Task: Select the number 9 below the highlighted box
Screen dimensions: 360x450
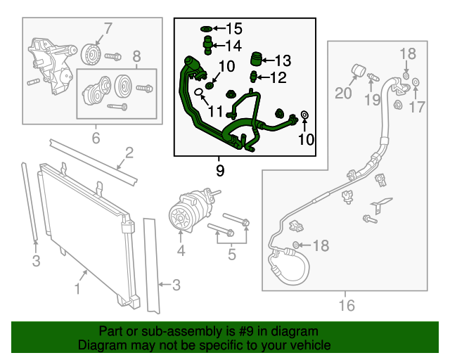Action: (x=220, y=169)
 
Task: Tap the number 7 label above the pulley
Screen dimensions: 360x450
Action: (x=108, y=29)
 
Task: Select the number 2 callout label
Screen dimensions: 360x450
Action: (x=129, y=153)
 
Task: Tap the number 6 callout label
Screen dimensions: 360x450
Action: (x=96, y=138)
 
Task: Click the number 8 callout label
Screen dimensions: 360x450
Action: (x=137, y=56)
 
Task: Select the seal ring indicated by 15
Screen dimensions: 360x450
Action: (x=206, y=29)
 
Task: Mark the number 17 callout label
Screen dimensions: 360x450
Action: (x=417, y=107)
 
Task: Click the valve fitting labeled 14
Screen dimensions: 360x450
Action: (x=208, y=46)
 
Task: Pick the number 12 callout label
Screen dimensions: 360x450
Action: (x=278, y=77)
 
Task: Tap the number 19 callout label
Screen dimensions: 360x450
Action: (x=371, y=101)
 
